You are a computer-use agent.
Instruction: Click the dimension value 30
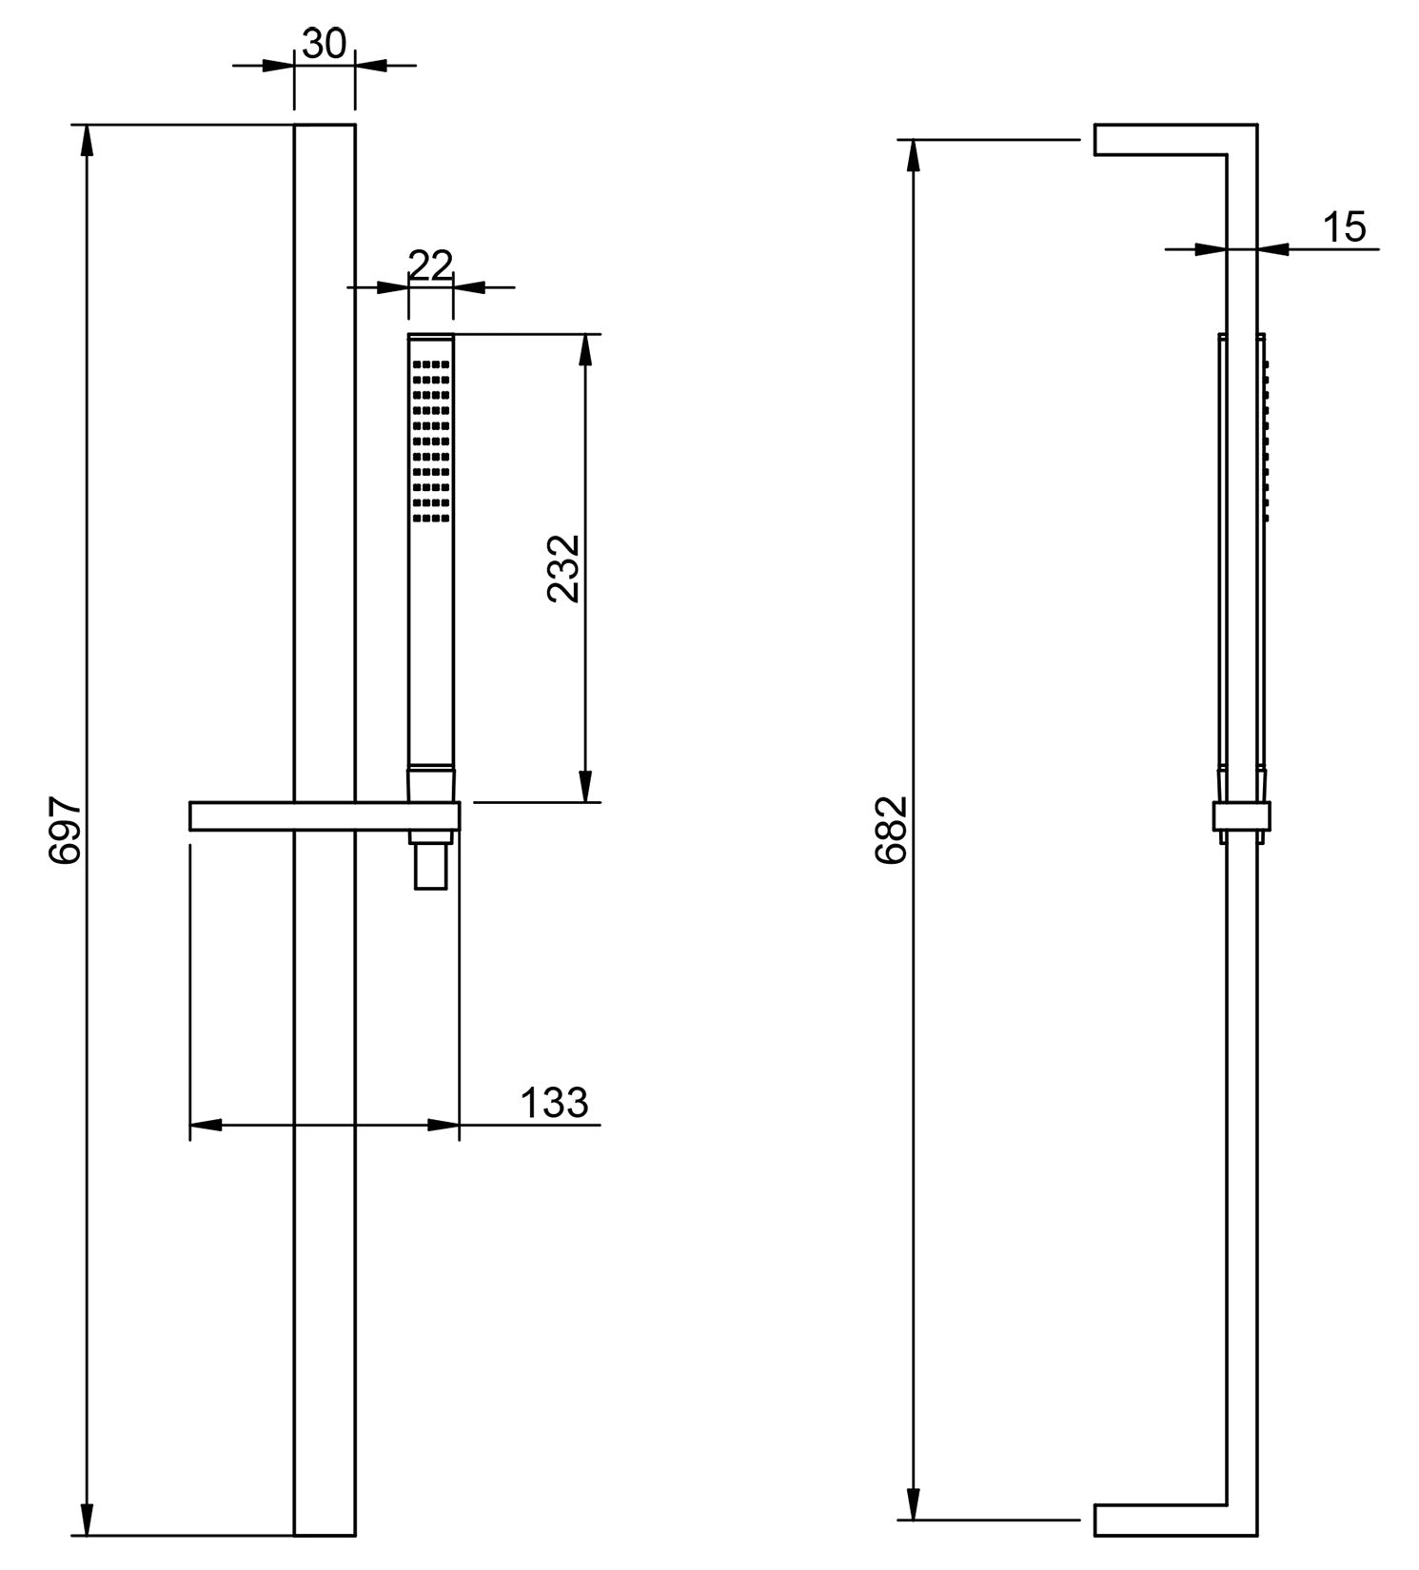324,44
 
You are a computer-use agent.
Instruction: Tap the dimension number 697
67,831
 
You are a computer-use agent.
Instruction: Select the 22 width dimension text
430,265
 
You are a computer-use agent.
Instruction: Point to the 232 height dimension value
564,568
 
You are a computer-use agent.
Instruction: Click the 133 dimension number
554,1103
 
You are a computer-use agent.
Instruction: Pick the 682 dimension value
892,830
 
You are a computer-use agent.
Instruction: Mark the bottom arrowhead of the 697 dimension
88,1520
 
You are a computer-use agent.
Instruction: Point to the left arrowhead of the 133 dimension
206,1125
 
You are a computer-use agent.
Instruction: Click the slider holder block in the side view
1241,817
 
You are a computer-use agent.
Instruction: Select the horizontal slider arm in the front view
324,816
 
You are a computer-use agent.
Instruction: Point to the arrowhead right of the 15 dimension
1273,249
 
